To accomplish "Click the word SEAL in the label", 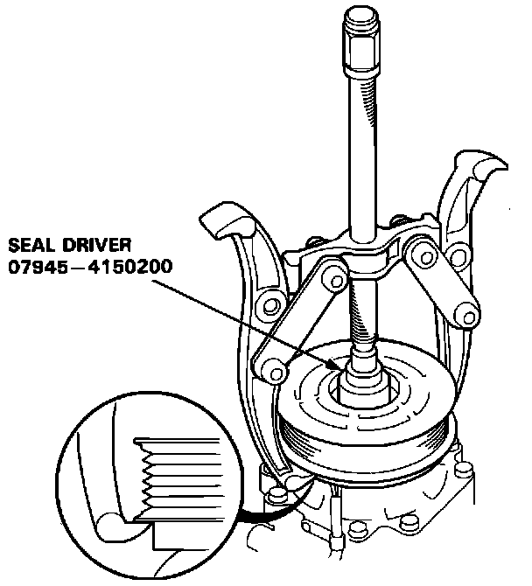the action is point(31,245).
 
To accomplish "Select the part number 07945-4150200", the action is point(90,267).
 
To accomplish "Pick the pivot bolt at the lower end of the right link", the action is point(468,317).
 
